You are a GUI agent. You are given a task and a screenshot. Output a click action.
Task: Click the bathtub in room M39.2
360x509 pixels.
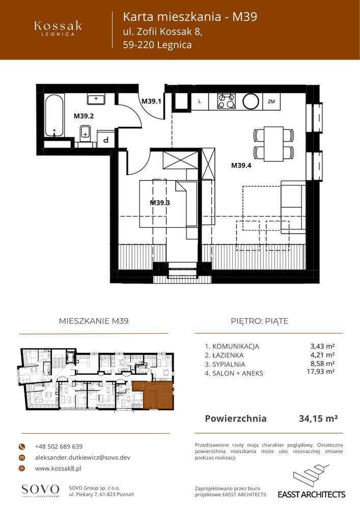coord(54,117)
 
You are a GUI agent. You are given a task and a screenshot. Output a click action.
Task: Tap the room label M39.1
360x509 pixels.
coord(151,101)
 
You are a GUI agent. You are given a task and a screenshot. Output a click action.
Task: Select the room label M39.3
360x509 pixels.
coord(159,203)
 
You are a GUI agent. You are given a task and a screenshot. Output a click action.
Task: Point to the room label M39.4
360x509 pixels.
coord(241,165)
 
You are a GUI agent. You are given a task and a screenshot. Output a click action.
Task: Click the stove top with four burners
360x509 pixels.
coord(227,101)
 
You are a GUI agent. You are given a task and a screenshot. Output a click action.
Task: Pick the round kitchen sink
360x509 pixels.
coord(251,101)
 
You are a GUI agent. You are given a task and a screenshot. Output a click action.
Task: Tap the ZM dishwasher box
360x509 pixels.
coord(271,101)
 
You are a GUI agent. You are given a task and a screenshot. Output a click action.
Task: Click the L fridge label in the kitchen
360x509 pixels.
coord(200,101)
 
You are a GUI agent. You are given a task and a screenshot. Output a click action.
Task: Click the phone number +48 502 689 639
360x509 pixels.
coord(59,446)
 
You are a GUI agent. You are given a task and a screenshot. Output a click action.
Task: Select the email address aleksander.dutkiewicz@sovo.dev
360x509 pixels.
coord(82,458)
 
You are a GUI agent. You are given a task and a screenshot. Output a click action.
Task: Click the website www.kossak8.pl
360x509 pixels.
coord(58,468)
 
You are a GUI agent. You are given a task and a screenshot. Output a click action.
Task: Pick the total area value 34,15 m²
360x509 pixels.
coord(318,419)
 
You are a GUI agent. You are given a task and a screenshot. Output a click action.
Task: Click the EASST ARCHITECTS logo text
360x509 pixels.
coord(311,494)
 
